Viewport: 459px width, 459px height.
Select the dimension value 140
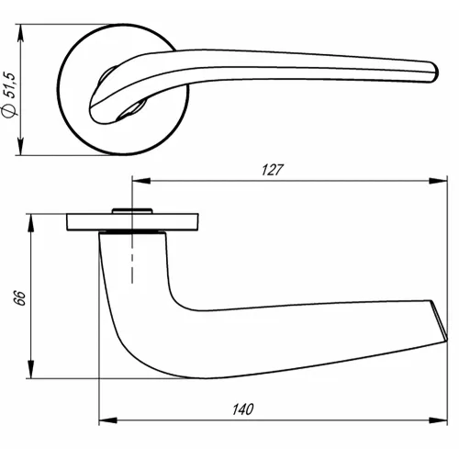[x=242, y=409]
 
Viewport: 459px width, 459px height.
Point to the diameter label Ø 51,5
[x=10, y=93]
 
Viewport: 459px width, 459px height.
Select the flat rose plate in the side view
[x=133, y=222]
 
